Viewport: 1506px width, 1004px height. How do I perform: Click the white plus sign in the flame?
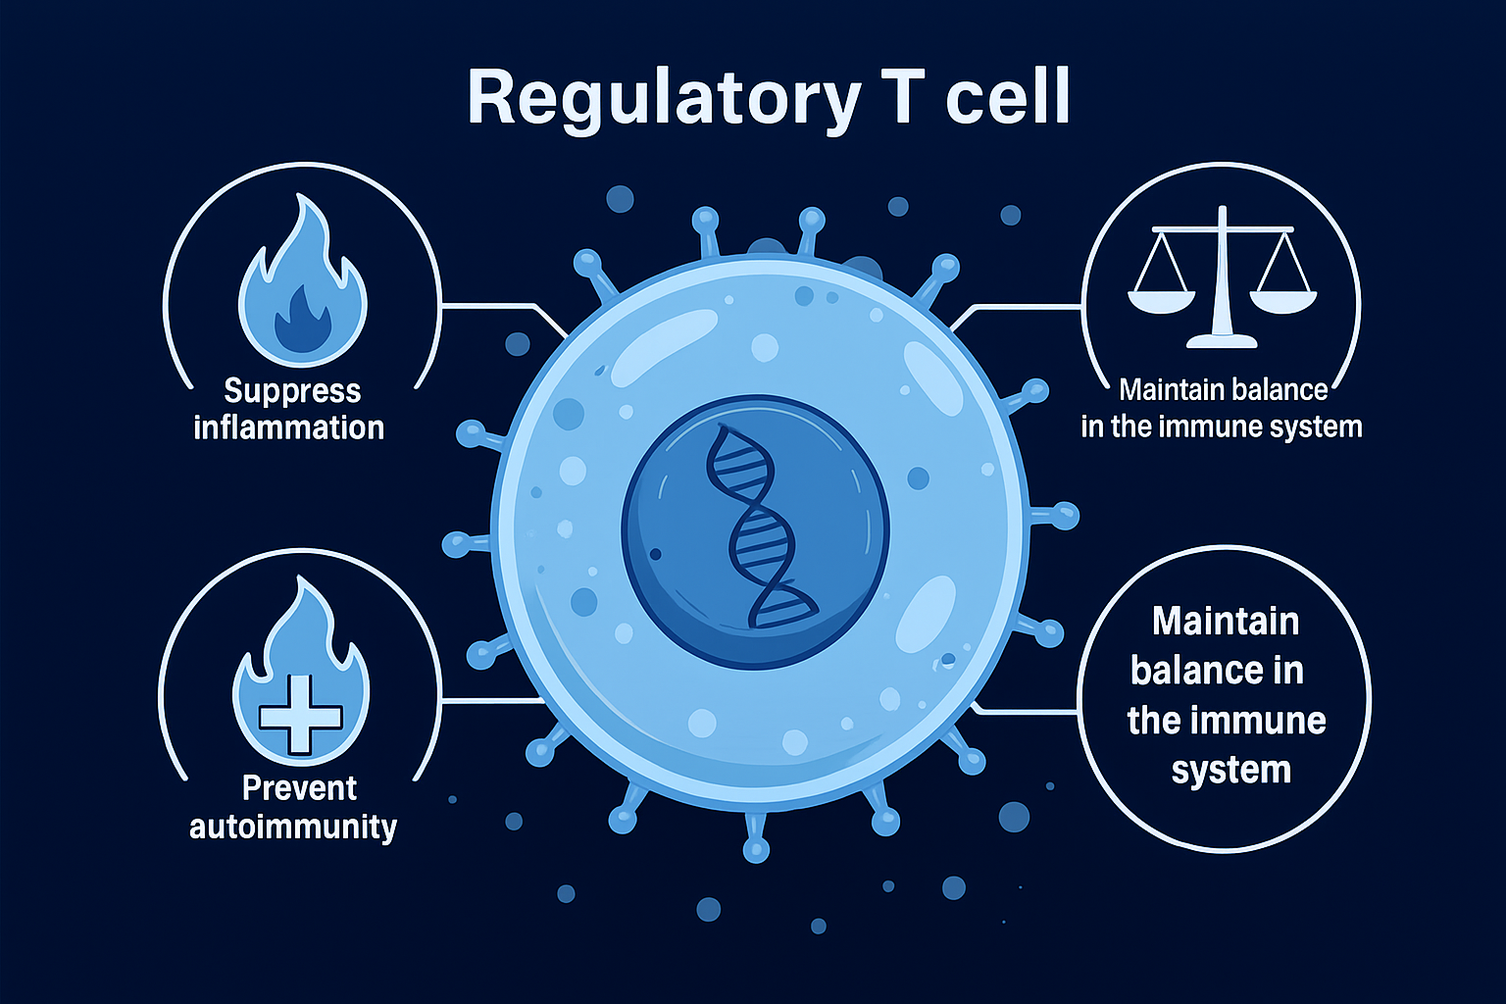(x=299, y=713)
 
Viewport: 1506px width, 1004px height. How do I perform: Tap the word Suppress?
(x=292, y=391)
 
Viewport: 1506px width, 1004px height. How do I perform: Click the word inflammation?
(x=288, y=427)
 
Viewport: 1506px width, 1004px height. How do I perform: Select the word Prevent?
(x=299, y=788)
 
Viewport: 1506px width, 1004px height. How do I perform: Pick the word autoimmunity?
(x=292, y=827)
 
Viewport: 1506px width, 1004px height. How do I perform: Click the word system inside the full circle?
(x=1230, y=771)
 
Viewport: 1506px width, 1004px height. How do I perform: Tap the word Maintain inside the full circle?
(x=1226, y=622)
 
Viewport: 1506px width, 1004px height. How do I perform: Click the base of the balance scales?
(x=1222, y=340)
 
